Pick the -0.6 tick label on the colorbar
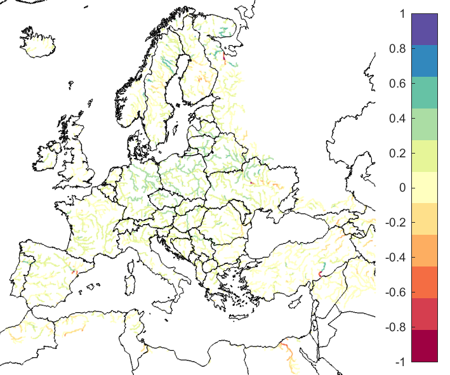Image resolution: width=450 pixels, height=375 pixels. click(x=395, y=293)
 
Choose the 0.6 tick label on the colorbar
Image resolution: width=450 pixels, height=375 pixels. click(x=397, y=83)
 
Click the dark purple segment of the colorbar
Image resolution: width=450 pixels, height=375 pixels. click(x=425, y=29)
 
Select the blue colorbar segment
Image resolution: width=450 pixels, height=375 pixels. click(x=425, y=60)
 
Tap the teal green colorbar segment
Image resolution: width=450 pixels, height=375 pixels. click(x=425, y=92)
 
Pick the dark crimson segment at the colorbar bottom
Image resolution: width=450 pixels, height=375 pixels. click(x=425, y=346)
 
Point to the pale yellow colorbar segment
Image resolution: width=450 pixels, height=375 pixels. click(x=425, y=187)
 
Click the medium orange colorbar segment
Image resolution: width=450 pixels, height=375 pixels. click(x=425, y=251)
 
